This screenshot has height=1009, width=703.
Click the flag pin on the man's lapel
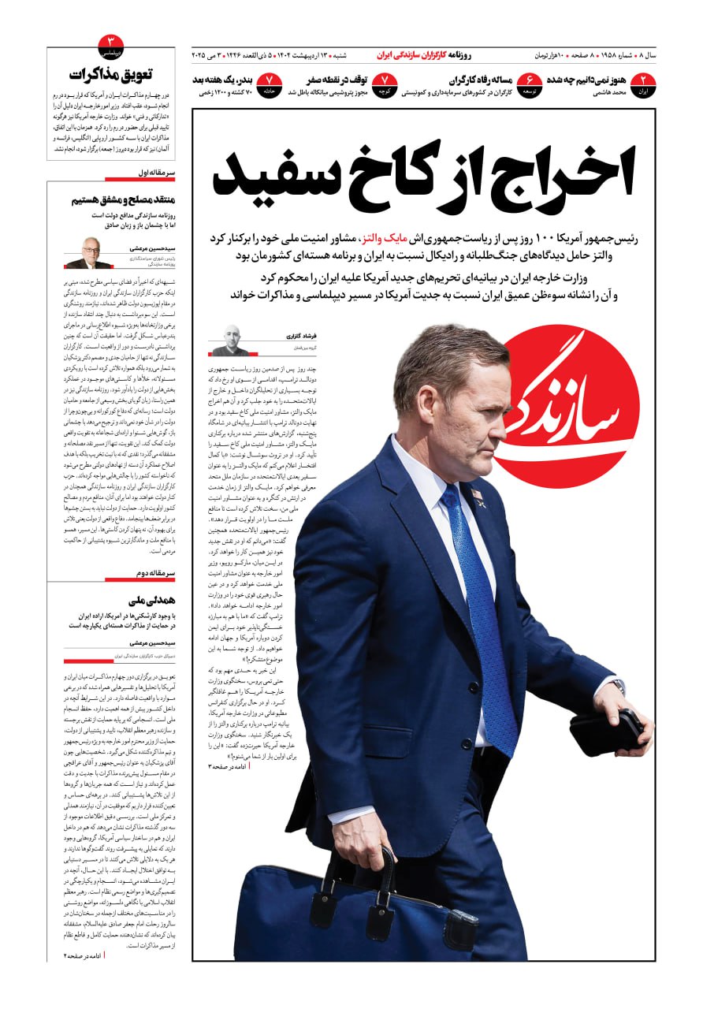478,495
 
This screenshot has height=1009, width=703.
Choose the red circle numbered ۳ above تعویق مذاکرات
111,44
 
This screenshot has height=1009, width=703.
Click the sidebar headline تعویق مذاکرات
111,75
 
